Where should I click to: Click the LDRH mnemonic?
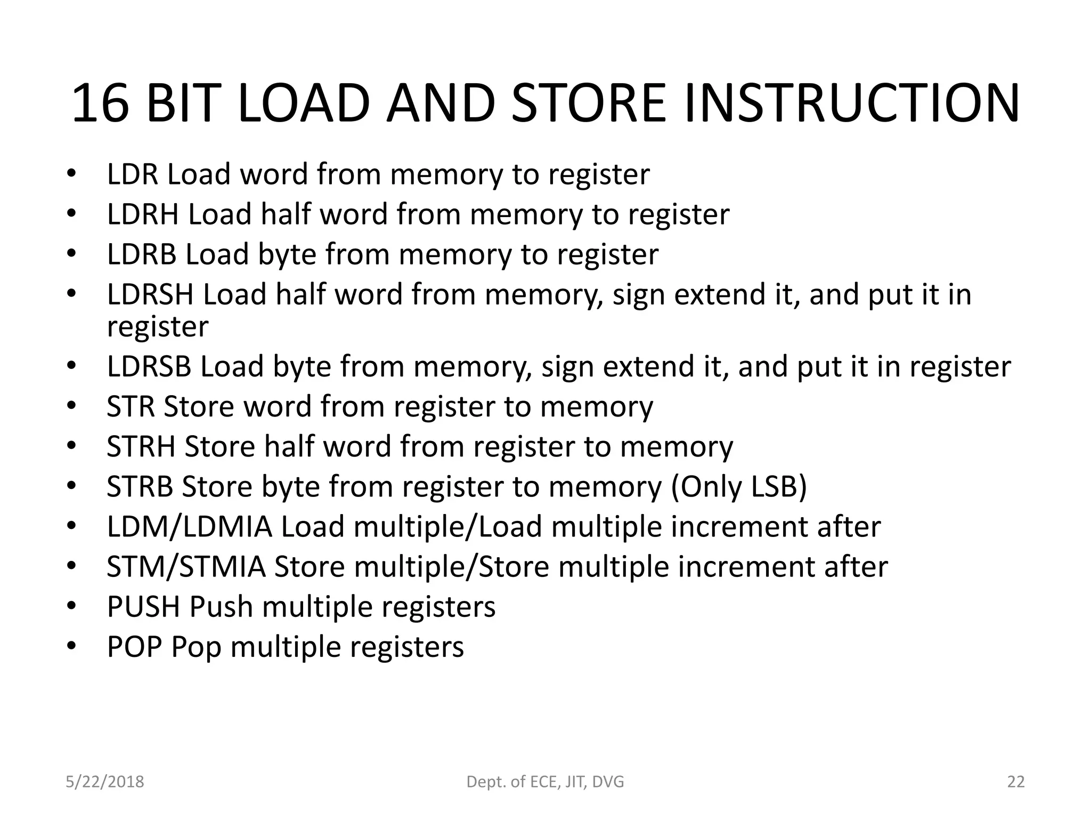[x=142, y=214]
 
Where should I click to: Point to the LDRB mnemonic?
[x=141, y=254]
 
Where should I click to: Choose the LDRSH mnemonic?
[x=150, y=294]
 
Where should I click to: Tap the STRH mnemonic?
[x=141, y=446]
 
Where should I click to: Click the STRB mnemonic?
[x=140, y=486]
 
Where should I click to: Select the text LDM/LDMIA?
[x=189, y=527]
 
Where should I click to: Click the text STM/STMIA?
[x=186, y=567]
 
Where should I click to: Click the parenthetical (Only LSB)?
[x=739, y=486]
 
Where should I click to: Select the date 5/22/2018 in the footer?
[x=105, y=782]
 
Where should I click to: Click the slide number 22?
[x=1016, y=782]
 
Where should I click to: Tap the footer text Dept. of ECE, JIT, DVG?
[x=545, y=782]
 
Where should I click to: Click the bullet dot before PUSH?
[x=72, y=606]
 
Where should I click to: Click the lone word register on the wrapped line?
[x=158, y=326]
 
